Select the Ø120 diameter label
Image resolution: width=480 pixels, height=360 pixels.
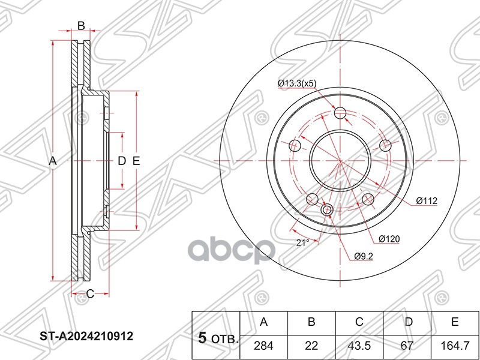click(389, 239)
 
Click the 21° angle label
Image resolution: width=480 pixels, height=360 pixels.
click(303, 242)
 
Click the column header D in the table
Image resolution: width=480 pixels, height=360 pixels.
click(407, 322)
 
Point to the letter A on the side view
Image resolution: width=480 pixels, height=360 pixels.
click(52, 161)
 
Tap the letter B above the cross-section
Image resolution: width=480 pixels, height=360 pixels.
click(80, 25)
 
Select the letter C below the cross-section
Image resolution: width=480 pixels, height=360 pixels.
click(89, 293)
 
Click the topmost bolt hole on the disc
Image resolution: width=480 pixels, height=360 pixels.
click(340, 112)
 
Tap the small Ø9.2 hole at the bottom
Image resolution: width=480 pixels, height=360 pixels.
click(327, 210)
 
